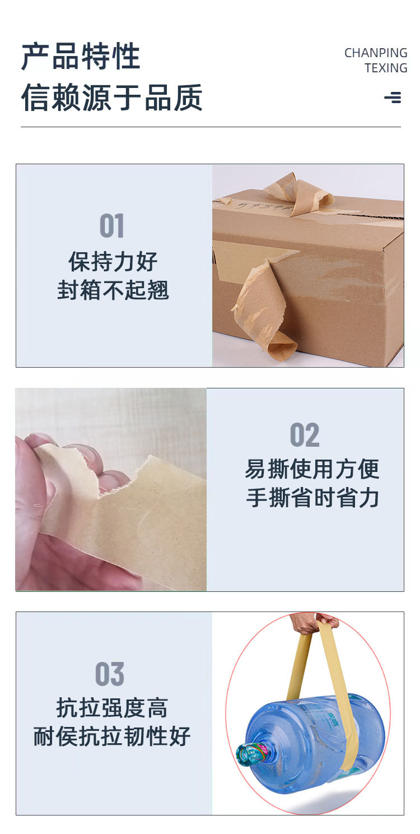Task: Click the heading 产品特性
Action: [x=81, y=57]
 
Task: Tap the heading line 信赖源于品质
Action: [x=111, y=98]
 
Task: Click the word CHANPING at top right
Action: [x=375, y=53]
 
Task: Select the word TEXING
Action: [x=386, y=68]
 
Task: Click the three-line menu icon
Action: [x=393, y=98]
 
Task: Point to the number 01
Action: [x=111, y=226]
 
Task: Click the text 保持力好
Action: [x=113, y=262]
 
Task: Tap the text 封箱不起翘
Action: [x=113, y=290]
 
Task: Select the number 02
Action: [x=305, y=435]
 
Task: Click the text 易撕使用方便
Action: [x=312, y=469]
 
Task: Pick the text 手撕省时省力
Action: [x=312, y=498]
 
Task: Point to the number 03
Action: [x=109, y=674]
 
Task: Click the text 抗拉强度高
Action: [x=112, y=708]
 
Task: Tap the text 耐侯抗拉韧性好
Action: [x=112, y=736]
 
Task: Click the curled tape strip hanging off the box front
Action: [x=263, y=314]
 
